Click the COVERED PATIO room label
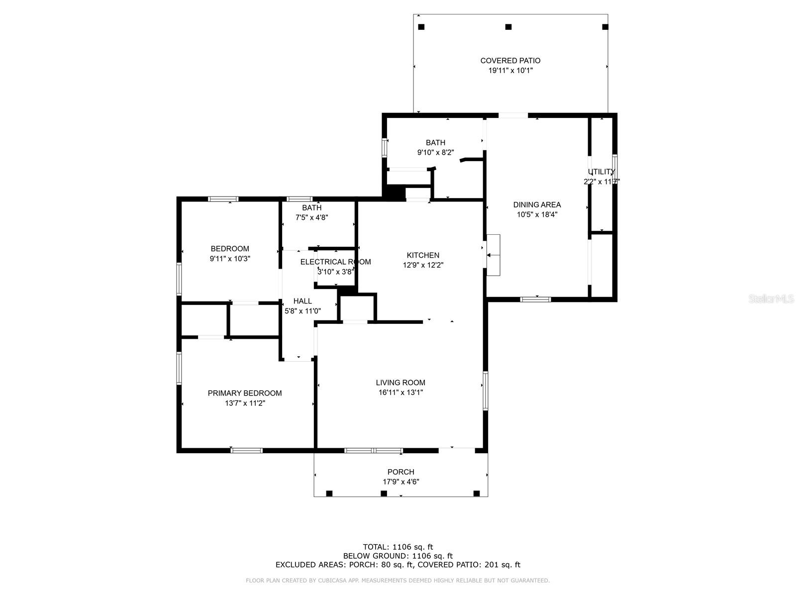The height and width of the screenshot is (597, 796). click(510, 61)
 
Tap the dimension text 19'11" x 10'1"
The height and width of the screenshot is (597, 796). click(510, 71)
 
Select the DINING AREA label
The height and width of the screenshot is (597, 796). click(537, 204)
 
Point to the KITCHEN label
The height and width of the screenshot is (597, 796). click(423, 255)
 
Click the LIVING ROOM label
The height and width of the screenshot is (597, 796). click(400, 383)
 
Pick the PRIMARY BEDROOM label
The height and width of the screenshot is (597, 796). click(245, 393)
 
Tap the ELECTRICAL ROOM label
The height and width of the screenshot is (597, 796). click(335, 262)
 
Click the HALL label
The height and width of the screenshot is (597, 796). click(302, 301)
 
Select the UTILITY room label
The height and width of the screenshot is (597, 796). click(601, 172)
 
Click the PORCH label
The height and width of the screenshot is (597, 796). click(400, 472)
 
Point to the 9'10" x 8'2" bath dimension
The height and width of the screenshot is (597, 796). click(435, 153)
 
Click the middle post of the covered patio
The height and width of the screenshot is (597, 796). click(508, 27)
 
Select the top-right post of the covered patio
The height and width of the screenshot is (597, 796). click(605, 27)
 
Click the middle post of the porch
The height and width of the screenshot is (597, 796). click(384, 494)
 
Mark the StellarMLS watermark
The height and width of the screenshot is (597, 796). click(771, 299)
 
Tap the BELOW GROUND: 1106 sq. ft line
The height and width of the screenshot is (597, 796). click(398, 556)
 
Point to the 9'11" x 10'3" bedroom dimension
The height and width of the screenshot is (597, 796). click(230, 259)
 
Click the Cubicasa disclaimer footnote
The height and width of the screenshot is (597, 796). click(398, 581)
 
